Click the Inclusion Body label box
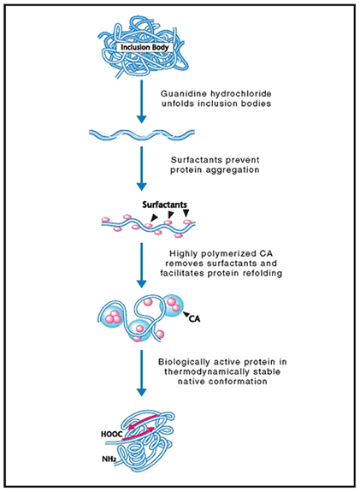click(x=145, y=47)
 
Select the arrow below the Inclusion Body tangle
click(x=142, y=101)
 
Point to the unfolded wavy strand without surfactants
click(x=142, y=133)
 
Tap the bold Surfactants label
click(x=165, y=205)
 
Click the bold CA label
click(x=194, y=319)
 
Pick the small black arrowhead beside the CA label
click(x=186, y=314)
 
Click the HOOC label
click(x=112, y=435)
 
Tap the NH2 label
click(x=109, y=459)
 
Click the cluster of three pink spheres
click(x=113, y=317)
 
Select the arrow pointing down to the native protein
click(x=142, y=373)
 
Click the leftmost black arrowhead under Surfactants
click(x=154, y=217)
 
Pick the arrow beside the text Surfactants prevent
click(x=142, y=169)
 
